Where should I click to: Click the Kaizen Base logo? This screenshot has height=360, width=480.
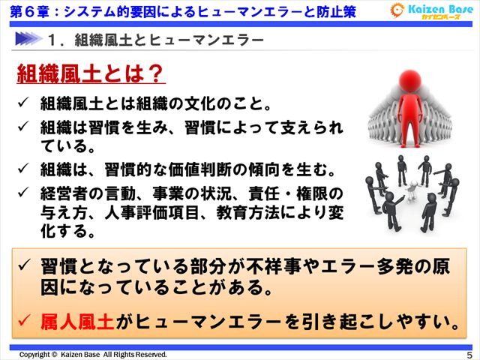431,11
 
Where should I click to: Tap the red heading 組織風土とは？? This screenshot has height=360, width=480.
91,73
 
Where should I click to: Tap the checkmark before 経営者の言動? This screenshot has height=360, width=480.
24,193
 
